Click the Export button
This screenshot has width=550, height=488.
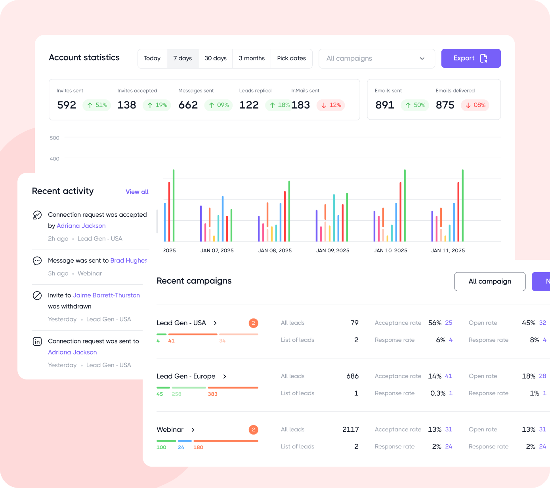pos(471,58)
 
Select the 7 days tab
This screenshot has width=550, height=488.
pos(183,59)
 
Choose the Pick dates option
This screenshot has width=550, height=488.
pos(291,59)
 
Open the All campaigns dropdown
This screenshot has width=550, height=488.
pos(376,59)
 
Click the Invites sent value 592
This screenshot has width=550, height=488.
pos(67,105)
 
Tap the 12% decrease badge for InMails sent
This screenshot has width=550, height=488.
pos(331,105)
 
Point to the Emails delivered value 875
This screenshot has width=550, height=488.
pos(445,105)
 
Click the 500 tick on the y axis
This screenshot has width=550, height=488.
pos(55,138)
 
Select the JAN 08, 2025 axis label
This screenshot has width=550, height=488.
pos(275,251)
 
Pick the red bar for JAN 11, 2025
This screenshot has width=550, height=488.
pos(458,212)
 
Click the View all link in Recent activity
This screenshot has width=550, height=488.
pos(137,192)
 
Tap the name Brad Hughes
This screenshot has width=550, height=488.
pos(128,261)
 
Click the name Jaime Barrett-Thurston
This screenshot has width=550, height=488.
pos(106,295)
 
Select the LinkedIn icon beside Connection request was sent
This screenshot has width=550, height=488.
pos(37,341)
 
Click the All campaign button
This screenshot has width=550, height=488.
pos(490,282)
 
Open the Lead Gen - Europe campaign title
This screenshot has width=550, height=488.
pos(186,376)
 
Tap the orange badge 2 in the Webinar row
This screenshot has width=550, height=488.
pos(254,430)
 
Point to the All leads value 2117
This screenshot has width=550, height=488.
pos(351,430)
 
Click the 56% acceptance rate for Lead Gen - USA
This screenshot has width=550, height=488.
pos(435,323)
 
